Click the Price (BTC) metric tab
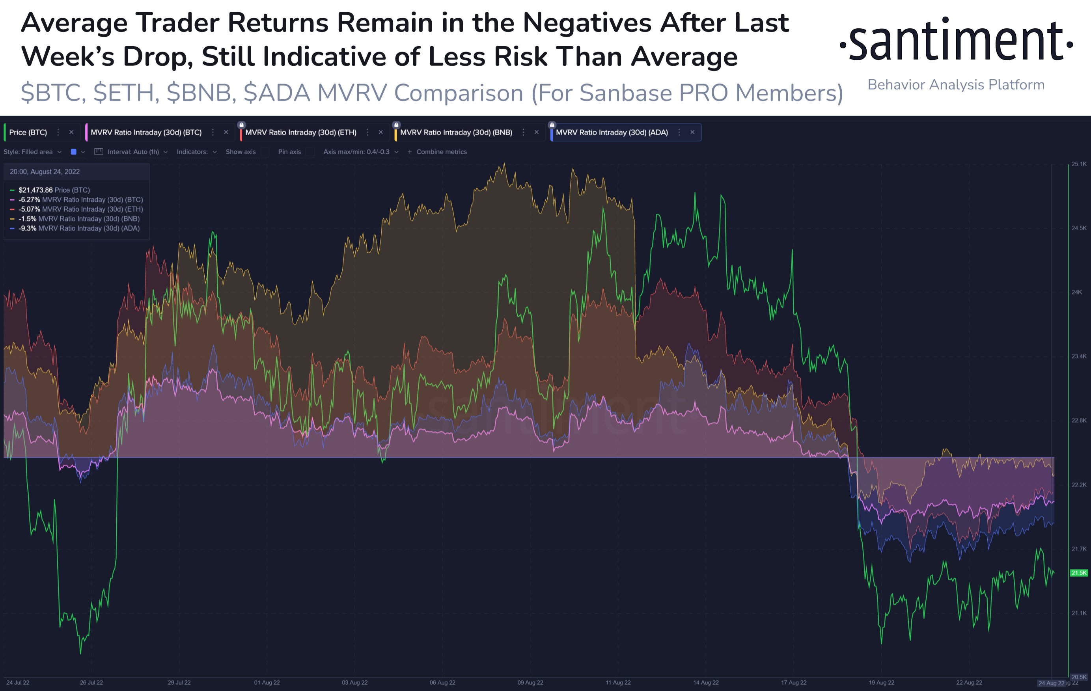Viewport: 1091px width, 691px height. [x=28, y=132]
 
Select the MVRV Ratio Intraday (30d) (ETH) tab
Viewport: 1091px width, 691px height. [x=300, y=132]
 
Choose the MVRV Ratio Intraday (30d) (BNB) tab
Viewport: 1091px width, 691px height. [x=456, y=132]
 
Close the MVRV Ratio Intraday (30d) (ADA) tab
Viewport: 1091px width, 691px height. [x=692, y=132]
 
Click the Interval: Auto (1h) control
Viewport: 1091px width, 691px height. [x=133, y=152]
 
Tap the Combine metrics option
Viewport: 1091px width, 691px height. [x=441, y=152]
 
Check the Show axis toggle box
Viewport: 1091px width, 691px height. [x=265, y=152]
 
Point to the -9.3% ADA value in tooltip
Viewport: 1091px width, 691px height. [x=27, y=228]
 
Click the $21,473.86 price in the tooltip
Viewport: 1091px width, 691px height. [x=35, y=190]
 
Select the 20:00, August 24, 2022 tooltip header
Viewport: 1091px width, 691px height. [x=45, y=171]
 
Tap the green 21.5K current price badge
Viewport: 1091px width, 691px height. [x=1079, y=573]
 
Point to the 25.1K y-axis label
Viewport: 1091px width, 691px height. [x=1079, y=164]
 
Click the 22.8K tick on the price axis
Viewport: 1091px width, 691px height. [x=1079, y=420]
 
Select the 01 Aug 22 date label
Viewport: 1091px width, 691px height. [x=267, y=682]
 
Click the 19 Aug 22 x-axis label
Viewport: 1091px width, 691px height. [x=881, y=682]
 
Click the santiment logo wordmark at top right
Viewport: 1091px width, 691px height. [x=956, y=41]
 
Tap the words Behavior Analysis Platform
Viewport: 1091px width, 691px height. [x=956, y=85]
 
